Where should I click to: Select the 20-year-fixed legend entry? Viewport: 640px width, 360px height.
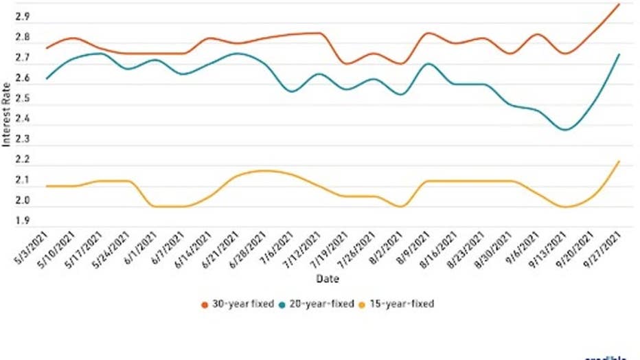click(321, 304)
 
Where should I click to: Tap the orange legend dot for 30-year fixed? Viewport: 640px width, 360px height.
click(204, 304)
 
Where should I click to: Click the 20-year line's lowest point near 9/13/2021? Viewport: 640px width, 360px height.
click(565, 129)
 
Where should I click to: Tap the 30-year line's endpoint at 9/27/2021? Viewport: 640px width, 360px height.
click(619, 4)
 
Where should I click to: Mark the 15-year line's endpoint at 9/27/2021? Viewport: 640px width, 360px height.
click(619, 161)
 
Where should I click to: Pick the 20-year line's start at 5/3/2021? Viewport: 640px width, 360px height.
click(47, 78)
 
